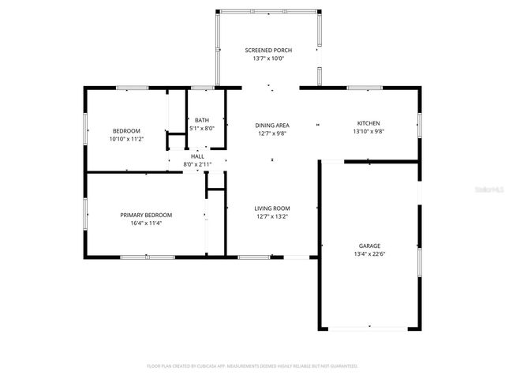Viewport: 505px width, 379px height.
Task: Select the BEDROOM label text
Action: coord(126,131)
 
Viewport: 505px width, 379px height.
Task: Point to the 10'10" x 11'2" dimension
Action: coord(126,139)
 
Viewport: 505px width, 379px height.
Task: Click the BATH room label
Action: coord(202,120)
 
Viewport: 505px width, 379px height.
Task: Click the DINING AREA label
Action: coord(271,126)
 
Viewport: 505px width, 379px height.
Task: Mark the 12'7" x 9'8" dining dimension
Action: coord(271,133)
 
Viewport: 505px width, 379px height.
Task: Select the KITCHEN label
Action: coord(368,123)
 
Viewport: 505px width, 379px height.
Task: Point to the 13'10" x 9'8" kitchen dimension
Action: coord(368,131)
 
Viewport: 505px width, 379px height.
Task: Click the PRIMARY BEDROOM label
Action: coord(146,215)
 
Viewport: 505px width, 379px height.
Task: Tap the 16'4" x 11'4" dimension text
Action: coord(146,223)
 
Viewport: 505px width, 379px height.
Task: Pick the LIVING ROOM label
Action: coord(271,208)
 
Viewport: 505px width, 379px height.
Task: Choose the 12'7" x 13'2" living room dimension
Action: coord(271,216)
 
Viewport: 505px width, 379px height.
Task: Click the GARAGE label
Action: coord(369,246)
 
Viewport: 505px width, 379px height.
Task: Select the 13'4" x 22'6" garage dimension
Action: coord(369,253)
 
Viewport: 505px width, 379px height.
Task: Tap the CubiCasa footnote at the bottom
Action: coord(252,366)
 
